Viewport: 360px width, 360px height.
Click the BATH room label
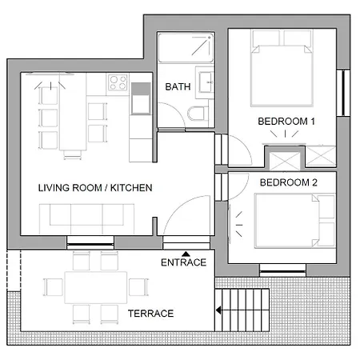[178, 86]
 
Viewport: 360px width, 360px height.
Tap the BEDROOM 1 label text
[286, 122]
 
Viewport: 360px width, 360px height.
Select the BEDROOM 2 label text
[289, 182]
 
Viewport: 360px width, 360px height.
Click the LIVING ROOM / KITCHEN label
[95, 188]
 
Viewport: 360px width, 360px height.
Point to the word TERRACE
[150, 314]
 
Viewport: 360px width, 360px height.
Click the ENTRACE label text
[184, 262]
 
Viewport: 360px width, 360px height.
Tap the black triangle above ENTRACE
[186, 254]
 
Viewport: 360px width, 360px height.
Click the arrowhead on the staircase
[218, 310]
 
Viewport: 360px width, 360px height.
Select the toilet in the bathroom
[198, 114]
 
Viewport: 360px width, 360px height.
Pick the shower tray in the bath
[186, 47]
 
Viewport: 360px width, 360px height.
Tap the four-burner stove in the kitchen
[118, 82]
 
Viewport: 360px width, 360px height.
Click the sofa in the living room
[86, 219]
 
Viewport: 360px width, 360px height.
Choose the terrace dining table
[96, 287]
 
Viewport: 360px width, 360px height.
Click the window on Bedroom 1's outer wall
[343, 93]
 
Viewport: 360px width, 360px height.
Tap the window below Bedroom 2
[282, 270]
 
